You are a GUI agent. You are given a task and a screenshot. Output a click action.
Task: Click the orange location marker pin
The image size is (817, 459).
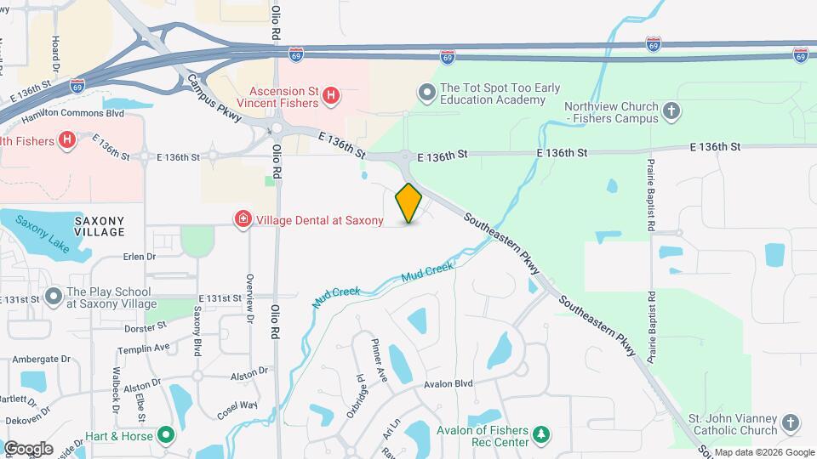[x=409, y=203]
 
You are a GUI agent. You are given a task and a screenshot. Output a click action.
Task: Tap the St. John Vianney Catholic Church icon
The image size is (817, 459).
[x=791, y=422]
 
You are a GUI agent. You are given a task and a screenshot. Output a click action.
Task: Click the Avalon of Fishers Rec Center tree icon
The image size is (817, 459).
[x=541, y=436]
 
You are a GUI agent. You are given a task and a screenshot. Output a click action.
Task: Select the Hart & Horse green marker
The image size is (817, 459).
[x=166, y=437]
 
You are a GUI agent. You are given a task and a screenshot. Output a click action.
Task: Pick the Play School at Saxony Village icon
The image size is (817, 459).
[x=54, y=297]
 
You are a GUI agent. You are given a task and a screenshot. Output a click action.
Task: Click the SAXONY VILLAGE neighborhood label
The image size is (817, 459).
[x=100, y=226]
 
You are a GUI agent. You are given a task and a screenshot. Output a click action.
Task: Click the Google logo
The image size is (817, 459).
[x=28, y=448]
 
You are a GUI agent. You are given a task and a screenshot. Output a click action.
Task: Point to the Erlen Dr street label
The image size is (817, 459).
[x=140, y=256]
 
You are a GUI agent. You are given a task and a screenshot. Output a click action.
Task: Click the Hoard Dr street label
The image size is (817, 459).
[x=56, y=52]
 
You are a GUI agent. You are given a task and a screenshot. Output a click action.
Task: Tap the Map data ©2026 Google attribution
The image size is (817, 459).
[x=763, y=452]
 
